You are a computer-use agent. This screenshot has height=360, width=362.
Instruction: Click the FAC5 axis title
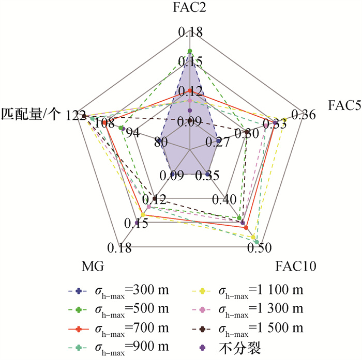click(x=343, y=105)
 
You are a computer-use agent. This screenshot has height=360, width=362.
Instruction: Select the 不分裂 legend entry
click(x=243, y=348)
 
